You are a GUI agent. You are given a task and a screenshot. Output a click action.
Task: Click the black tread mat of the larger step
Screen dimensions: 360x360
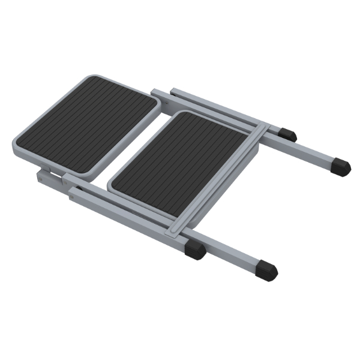[x=87, y=123]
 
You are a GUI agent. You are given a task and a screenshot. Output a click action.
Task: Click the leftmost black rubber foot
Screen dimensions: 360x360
[x=195, y=250]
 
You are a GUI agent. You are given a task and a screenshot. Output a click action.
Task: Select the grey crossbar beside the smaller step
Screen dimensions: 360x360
[x=219, y=180]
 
